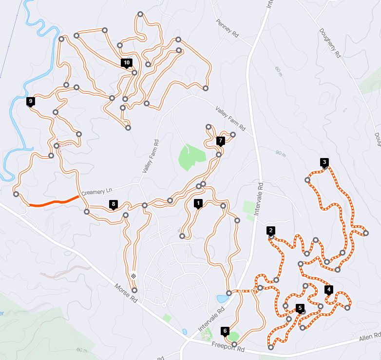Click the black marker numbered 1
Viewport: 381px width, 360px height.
(198, 202)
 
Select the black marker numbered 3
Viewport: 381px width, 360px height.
(324, 162)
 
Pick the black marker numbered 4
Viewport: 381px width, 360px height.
(329, 289)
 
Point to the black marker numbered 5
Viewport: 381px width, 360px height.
(300, 307)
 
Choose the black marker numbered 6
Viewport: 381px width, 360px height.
(225, 331)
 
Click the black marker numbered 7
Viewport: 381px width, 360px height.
(220, 140)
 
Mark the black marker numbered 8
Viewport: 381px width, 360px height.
(114, 204)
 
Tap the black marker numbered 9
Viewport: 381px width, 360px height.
(31, 101)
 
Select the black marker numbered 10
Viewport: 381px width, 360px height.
(127, 62)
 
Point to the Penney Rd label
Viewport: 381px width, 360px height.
(228, 29)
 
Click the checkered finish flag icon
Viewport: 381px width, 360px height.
(133, 276)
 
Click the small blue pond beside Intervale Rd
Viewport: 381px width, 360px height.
(222, 299)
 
